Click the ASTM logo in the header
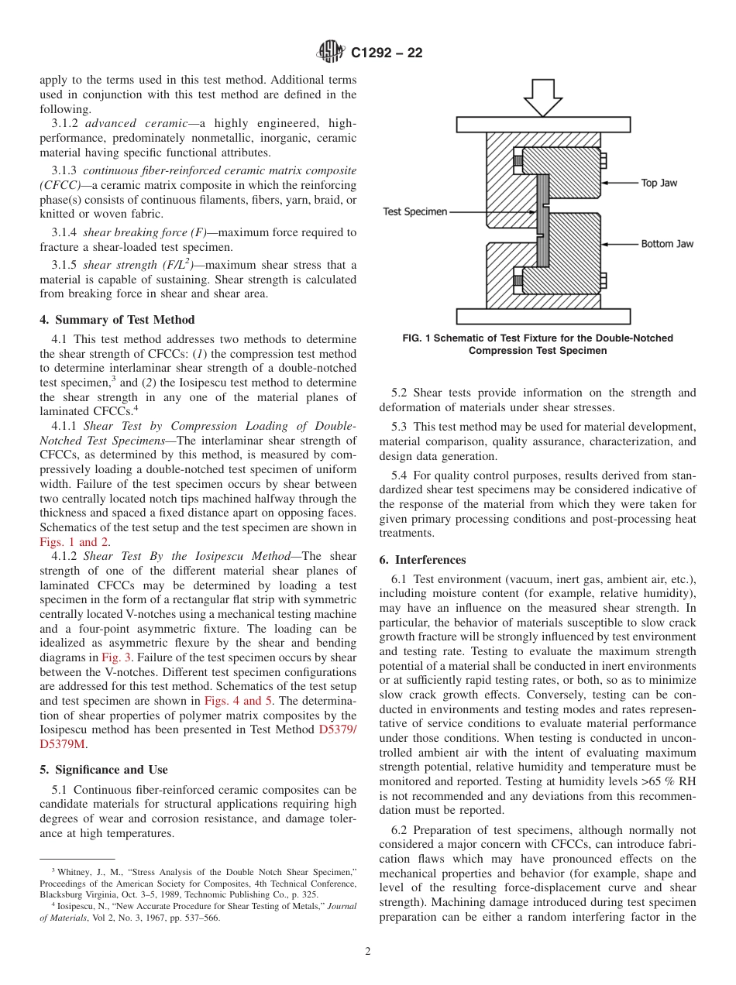click(331, 53)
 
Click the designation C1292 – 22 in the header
click(386, 53)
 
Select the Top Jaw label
click(659, 183)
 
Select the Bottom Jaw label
click(666, 244)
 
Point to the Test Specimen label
click(415, 211)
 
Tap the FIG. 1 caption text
click(538, 344)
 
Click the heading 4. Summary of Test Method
click(117, 320)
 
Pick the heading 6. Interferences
click(422, 560)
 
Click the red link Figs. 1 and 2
click(74, 542)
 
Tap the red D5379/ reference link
click(338, 730)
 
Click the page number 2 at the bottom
click(368, 952)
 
